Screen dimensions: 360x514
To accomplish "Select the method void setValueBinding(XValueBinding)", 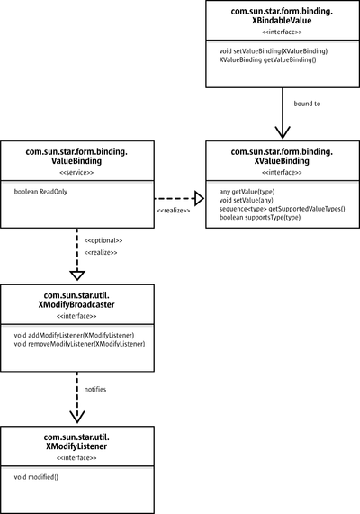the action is [x=274, y=51].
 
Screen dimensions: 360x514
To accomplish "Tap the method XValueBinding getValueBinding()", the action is [x=268, y=59].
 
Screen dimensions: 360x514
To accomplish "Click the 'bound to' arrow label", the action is [x=307, y=104].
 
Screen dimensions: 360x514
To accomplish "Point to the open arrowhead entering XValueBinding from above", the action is [x=283, y=132].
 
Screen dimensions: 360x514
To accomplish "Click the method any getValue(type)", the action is [x=247, y=192].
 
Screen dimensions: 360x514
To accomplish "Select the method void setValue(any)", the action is [x=247, y=201].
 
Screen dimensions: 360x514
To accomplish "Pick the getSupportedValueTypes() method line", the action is [x=283, y=209].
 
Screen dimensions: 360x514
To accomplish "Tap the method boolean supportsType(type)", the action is [x=260, y=217].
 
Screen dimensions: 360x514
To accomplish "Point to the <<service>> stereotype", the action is [x=76, y=173].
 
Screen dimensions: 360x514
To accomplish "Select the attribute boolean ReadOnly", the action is [x=40, y=192].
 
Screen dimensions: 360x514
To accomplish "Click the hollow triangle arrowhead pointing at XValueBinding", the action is [x=199, y=198].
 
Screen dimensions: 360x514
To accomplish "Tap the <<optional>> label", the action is [x=103, y=240].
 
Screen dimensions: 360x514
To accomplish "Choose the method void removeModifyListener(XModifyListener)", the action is [x=79, y=344].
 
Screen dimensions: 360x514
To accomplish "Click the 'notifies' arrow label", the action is [x=95, y=390].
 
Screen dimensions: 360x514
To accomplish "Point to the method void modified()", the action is [x=36, y=477].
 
